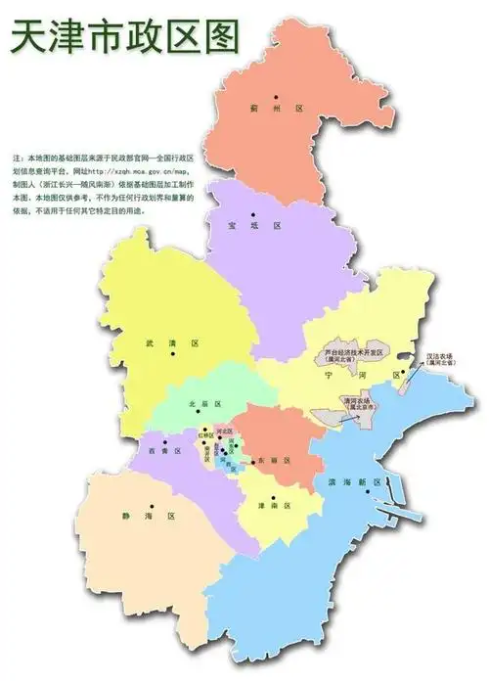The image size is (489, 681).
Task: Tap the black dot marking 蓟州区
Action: (277, 96)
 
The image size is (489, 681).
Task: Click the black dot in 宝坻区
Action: (251, 214)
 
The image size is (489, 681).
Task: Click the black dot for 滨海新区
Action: (370, 493)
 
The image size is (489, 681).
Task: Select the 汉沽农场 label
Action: (437, 356)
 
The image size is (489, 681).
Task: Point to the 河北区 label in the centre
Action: (223, 431)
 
